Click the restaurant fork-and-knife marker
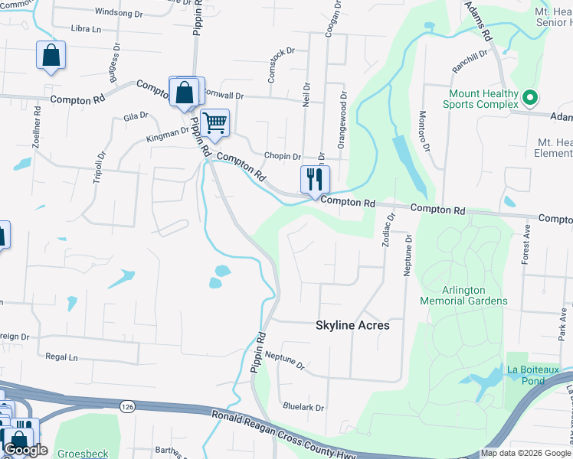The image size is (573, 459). [315, 181]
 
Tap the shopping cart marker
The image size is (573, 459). [215, 122]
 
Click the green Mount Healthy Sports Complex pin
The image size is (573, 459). [529, 98]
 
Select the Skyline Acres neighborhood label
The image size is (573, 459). [352, 325]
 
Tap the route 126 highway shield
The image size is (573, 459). [125, 405]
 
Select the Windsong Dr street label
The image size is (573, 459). [118, 13]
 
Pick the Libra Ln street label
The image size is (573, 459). [86, 29]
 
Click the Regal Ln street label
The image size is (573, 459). [62, 357]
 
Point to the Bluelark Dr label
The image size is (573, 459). [303, 408]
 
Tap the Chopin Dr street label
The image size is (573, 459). [282, 156]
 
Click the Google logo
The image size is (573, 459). [25, 450]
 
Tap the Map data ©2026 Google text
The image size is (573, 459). [525, 453]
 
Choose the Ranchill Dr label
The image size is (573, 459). [470, 59]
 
